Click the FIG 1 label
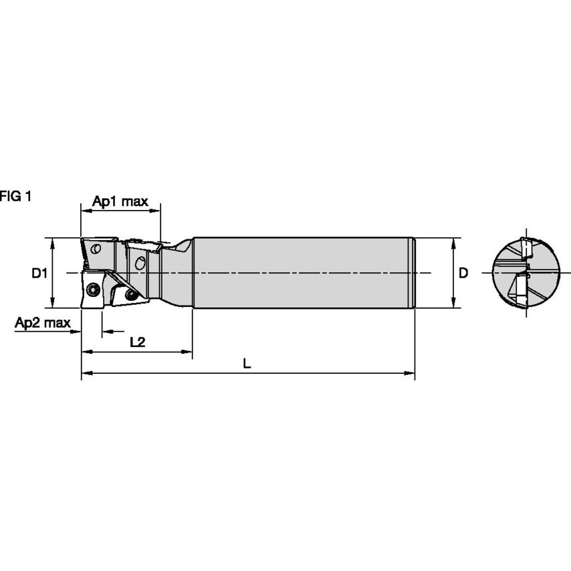click(x=15, y=196)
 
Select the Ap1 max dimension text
click(x=120, y=201)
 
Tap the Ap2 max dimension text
click(x=43, y=323)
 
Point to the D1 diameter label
click(x=39, y=273)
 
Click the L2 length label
click(x=137, y=342)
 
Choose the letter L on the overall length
click(x=247, y=364)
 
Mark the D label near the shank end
click(x=463, y=273)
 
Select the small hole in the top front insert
click(x=97, y=249)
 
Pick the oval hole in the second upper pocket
click(x=140, y=262)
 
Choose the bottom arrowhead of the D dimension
click(x=453, y=304)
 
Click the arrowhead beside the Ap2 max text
click(x=76, y=331)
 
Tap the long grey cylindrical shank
click(x=301, y=273)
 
